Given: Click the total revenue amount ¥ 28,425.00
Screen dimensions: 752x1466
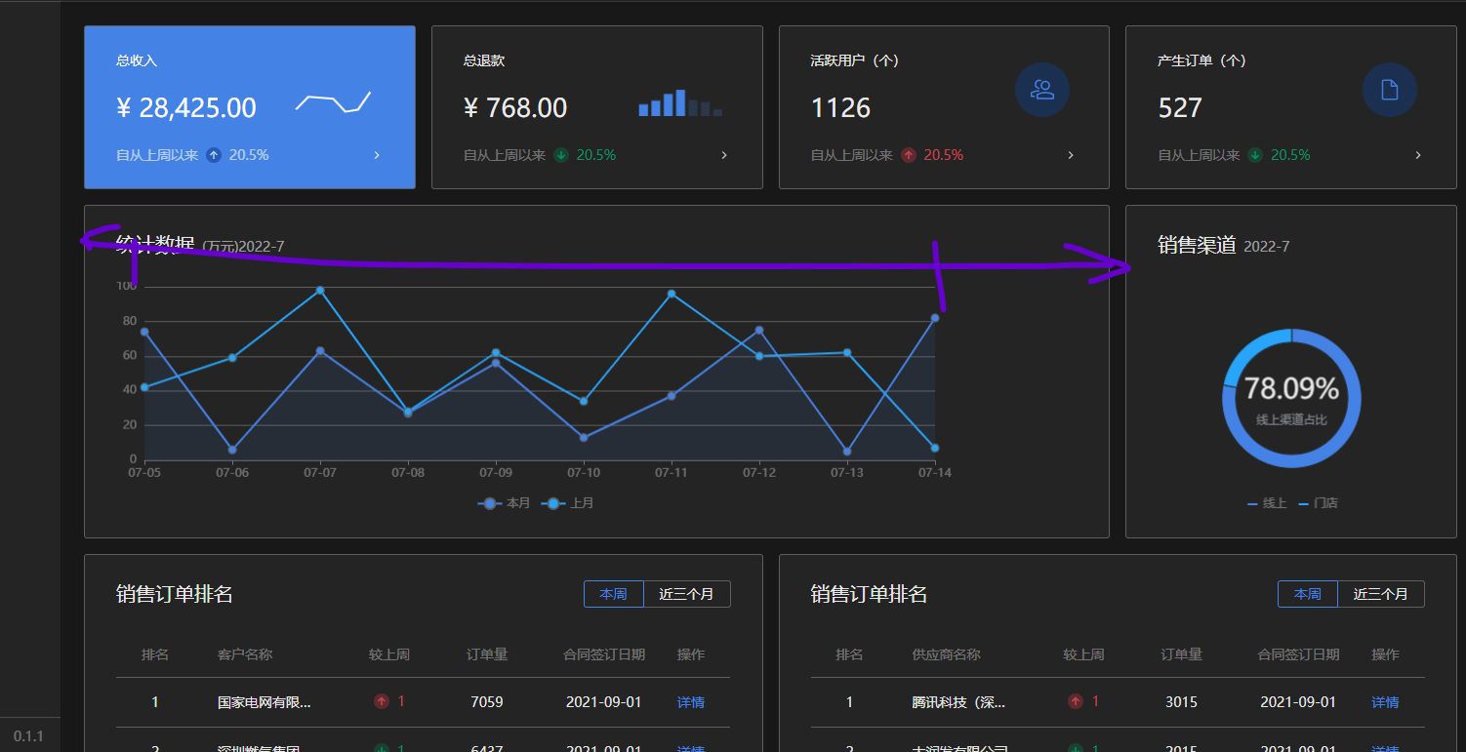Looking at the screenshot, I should pos(186,107).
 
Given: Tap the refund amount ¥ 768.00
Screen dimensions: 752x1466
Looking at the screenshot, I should pos(515,107).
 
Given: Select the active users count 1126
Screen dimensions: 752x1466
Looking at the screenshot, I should pos(840,107).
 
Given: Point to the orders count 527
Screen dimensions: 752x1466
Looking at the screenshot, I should pos(1180,107).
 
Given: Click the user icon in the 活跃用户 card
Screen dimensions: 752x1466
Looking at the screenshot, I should pos(1042,90).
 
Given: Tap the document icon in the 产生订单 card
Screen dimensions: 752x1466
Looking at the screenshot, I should pos(1390,90).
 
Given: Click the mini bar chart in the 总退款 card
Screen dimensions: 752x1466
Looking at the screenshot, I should pos(680,103).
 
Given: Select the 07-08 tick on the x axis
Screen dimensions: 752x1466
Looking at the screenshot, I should pos(408,472).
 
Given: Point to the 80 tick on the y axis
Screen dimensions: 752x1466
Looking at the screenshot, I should pos(129,321).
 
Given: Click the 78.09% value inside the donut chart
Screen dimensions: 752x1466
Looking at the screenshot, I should pos(1291,388).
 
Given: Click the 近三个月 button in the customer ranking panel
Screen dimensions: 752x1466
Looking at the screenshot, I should pos(686,594).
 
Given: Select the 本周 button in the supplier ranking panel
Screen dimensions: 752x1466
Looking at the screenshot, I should pos(1308,594).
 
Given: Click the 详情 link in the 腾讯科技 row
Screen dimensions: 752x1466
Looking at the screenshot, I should pos(1385,702).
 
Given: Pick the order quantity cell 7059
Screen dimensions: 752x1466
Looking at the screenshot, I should pos(486,702).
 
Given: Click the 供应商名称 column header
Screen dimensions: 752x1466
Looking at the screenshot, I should pos(946,654).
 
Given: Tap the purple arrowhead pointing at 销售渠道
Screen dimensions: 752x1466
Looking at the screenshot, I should pos(1118,264).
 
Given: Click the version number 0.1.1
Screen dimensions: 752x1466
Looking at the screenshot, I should pos(28,735).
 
